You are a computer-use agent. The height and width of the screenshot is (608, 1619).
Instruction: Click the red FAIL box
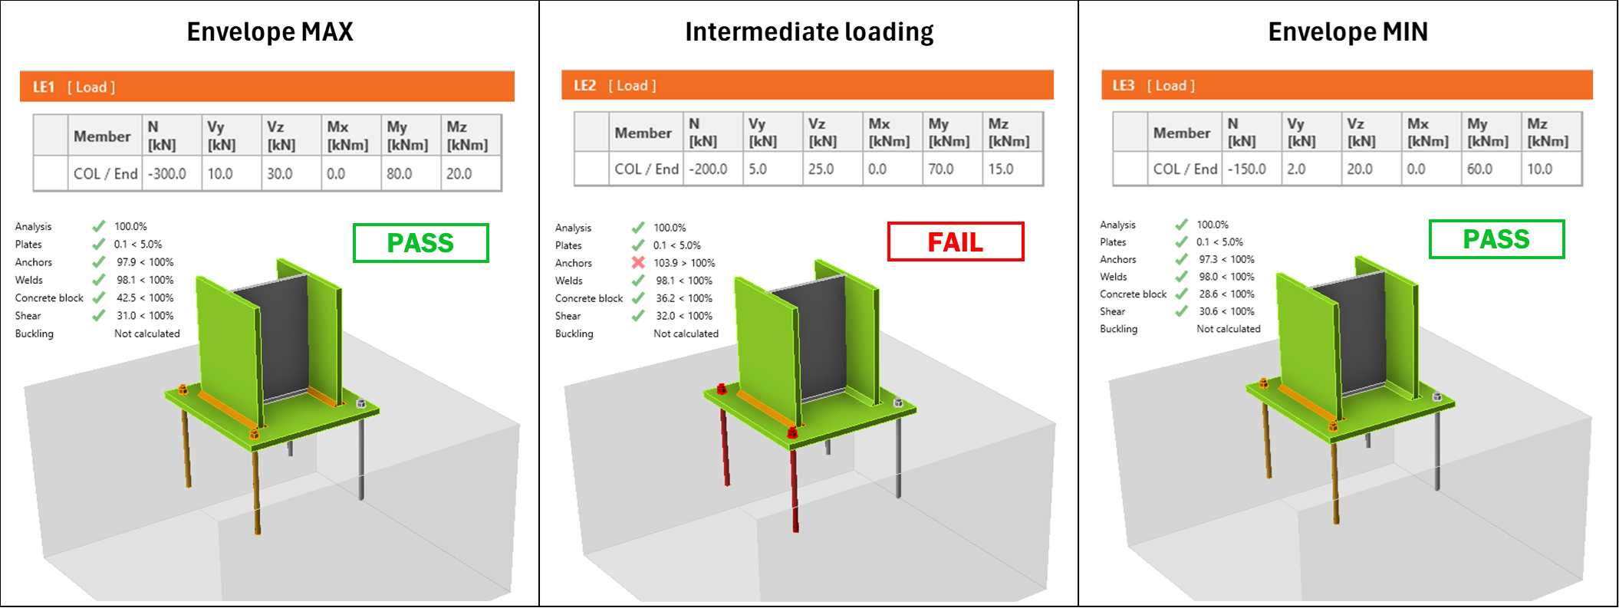coord(955,242)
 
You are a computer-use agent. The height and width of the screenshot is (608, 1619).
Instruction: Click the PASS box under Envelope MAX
coord(420,243)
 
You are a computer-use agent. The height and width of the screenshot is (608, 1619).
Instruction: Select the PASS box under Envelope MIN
coord(1496,239)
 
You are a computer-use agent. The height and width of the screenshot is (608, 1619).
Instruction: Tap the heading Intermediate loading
coord(809,32)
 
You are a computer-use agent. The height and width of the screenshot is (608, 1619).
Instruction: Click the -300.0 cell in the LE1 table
coord(168,174)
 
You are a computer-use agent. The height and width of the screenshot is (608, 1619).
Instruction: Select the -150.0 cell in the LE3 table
coord(1247,169)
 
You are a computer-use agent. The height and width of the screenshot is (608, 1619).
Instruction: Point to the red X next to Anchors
coord(637,263)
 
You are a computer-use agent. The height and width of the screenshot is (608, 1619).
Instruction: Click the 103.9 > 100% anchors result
coord(684,263)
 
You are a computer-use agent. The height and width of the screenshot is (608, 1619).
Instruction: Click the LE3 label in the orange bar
coord(1123,86)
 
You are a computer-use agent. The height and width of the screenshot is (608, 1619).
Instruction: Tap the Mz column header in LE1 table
coord(467,136)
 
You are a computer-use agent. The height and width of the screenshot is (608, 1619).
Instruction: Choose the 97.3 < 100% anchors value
coord(1226,259)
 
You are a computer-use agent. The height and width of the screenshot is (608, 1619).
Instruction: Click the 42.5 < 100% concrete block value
coord(145,297)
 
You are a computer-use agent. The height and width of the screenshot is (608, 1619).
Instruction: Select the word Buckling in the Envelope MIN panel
coord(1118,329)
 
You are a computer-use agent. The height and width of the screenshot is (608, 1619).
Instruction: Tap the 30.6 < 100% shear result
coord(1226,311)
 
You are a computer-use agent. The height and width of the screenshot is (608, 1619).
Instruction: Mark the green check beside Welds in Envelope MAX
coord(98,280)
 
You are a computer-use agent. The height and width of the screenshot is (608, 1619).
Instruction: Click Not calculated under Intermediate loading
coord(686,334)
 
